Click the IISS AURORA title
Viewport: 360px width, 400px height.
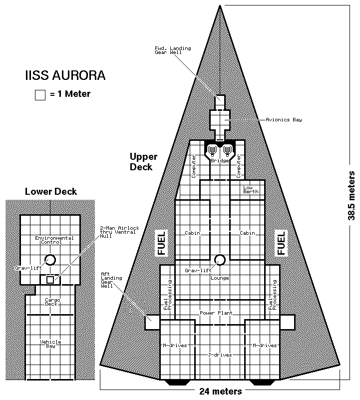[65, 77]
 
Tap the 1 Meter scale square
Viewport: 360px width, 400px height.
[40, 95]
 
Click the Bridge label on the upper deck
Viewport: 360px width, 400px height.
[220, 161]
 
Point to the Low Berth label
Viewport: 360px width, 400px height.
[251, 190]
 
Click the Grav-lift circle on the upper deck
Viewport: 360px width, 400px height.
[220, 260]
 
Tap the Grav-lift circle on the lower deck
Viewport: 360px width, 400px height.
[50, 260]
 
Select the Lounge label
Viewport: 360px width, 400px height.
[220, 278]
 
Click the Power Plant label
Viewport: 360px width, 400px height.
[214, 313]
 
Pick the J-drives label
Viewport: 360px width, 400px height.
[220, 355]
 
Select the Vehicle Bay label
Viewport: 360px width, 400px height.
[50, 344]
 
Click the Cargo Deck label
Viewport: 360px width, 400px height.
[50, 302]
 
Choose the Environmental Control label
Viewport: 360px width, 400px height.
[54, 240]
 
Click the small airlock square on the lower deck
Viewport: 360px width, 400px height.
[50, 280]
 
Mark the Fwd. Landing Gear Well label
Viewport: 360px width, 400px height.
[173, 50]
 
